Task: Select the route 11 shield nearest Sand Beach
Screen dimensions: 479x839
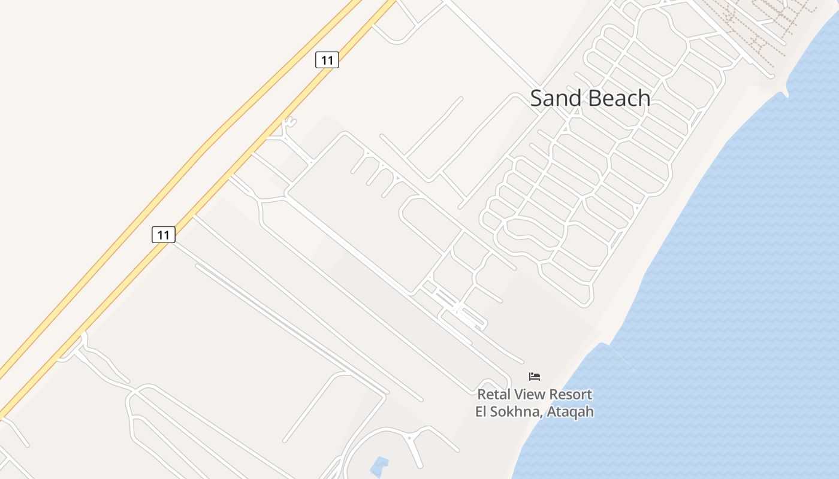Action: (327, 60)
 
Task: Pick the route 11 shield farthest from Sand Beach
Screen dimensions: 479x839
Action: (163, 235)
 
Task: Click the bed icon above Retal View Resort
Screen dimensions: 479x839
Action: (535, 377)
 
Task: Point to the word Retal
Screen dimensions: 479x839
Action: (493, 395)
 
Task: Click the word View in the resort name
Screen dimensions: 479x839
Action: (529, 395)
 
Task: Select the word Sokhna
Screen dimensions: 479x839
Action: (515, 412)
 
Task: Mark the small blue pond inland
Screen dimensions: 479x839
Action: (379, 466)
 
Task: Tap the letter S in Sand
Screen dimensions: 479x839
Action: (536, 98)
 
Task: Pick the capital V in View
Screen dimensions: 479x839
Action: (518, 395)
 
